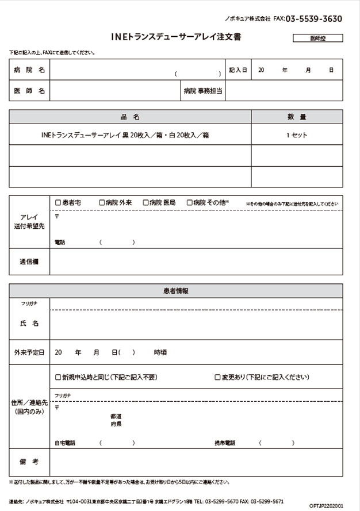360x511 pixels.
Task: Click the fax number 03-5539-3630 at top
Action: tap(313, 19)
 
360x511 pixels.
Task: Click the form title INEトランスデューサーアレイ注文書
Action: tap(177, 37)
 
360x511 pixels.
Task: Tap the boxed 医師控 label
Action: tap(317, 39)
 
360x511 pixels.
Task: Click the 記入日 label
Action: tap(238, 70)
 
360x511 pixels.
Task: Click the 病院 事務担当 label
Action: tap(203, 91)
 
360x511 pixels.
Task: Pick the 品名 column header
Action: tap(131, 117)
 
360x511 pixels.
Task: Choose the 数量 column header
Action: tap(297, 117)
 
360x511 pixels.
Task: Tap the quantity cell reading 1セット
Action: tap(297, 135)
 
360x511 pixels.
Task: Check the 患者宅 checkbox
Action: tap(58, 202)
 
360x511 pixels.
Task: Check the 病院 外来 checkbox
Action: tap(102, 202)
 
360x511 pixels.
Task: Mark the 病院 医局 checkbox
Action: tap(145, 202)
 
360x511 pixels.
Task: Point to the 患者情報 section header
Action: tap(176, 291)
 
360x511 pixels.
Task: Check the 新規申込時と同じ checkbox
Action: tap(58, 378)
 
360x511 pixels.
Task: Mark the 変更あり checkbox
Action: tap(217, 378)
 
